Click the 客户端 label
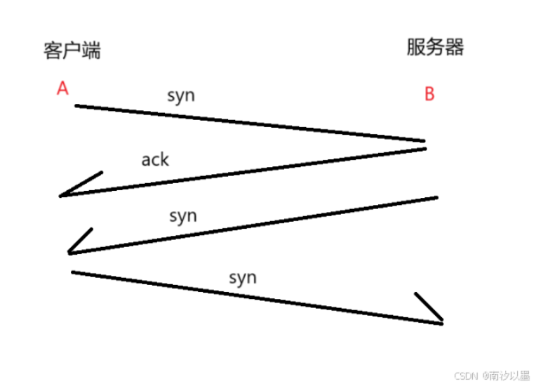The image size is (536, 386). pyautogui.click(x=72, y=51)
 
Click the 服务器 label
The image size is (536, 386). pyautogui.click(x=435, y=48)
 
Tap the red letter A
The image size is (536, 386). pyautogui.click(x=62, y=88)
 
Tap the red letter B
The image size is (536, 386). pyautogui.click(x=429, y=94)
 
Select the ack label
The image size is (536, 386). pyautogui.click(x=155, y=159)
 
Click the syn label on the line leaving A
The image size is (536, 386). pyautogui.click(x=181, y=95)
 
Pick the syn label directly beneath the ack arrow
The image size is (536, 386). pyautogui.click(x=183, y=215)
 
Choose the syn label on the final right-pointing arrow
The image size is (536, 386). pyautogui.click(x=243, y=277)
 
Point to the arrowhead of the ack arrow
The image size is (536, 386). pyautogui.click(x=63, y=195)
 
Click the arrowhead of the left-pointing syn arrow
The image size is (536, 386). pyautogui.click(x=71, y=253)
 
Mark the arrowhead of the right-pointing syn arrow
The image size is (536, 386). pyautogui.click(x=441, y=322)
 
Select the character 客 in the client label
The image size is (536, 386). pyautogui.click(x=53, y=51)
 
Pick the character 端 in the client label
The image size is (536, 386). pyautogui.click(x=91, y=51)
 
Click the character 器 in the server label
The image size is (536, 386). pyautogui.click(x=455, y=48)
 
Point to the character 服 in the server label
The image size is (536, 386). pyautogui.click(x=416, y=48)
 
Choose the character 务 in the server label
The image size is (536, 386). pyautogui.click(x=435, y=48)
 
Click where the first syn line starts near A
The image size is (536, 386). pyautogui.click(x=77, y=106)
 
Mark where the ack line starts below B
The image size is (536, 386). pyautogui.click(x=424, y=148)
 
